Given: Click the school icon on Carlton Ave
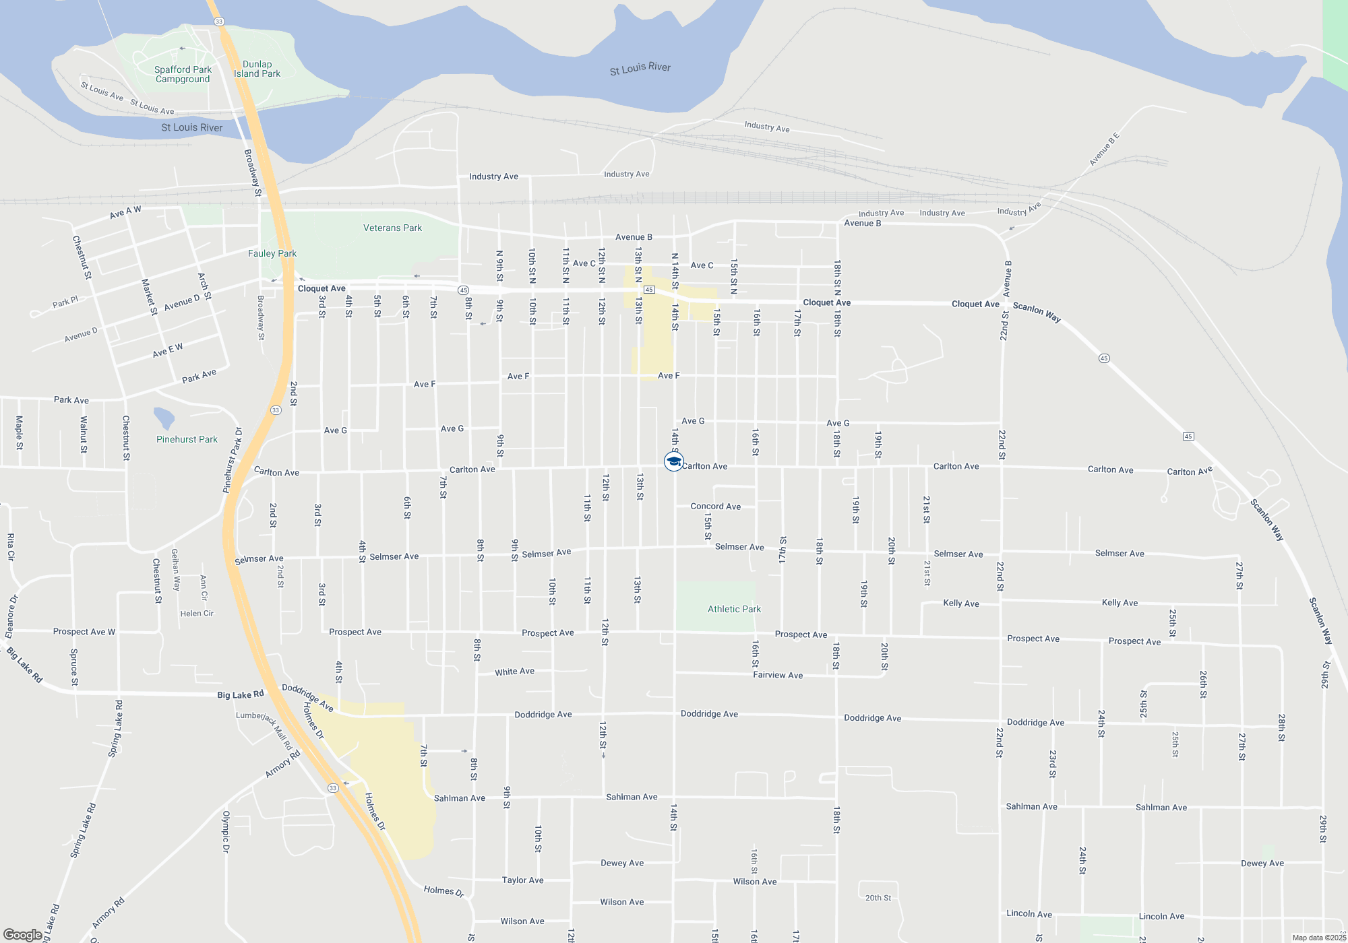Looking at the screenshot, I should coord(673,461).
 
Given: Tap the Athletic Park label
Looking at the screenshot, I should coord(734,609).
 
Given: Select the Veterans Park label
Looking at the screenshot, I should coord(392,228).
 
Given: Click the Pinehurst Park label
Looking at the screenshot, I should coord(187,439).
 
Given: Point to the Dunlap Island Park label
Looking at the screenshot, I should coord(257,69).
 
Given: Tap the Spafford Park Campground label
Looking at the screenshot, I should coord(183,74).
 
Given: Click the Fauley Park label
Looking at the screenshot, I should coord(272,253).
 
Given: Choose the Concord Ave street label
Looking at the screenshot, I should coord(715,507).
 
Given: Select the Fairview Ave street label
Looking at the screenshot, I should coord(778,675).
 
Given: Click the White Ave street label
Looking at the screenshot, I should coord(514,672).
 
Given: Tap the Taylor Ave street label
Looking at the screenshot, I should coord(522,880).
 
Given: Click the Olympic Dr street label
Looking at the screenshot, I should coord(226,831).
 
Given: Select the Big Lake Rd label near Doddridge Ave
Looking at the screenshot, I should coord(240,694).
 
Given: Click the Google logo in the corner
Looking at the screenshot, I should coord(23,934).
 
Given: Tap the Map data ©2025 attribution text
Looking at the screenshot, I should coord(1318,938).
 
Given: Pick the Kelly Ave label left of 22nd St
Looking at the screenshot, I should coord(961,604).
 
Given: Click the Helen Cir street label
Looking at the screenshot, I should coord(196,614).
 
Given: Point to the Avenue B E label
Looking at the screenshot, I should coord(1104,150).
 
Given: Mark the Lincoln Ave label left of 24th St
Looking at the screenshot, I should coord(1029,913).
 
